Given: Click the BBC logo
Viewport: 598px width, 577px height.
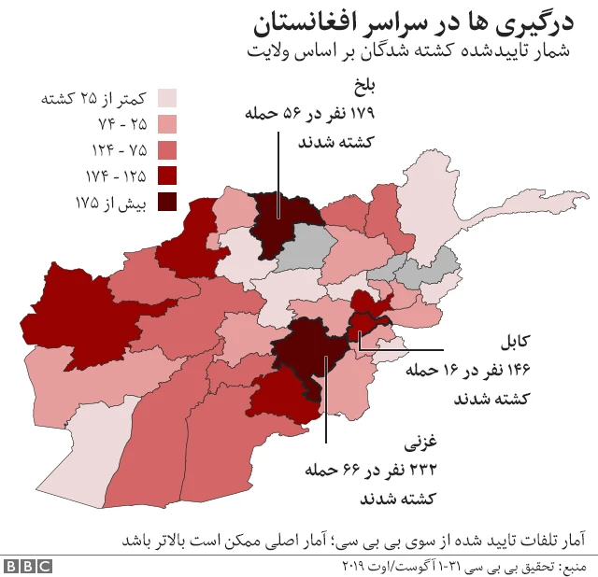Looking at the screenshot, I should point(27,566).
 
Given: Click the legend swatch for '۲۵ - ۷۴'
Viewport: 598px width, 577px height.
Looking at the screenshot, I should point(167,124).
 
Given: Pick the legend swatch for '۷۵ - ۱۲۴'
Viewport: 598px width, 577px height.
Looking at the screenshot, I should point(167,150).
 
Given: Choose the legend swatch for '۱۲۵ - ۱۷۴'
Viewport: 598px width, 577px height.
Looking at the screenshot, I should point(167,176).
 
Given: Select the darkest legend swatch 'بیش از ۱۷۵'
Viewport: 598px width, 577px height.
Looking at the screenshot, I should point(167,202).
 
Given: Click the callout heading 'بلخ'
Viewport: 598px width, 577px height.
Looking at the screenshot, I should point(361,88).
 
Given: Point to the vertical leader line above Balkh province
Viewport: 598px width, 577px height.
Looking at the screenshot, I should point(278,163).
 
